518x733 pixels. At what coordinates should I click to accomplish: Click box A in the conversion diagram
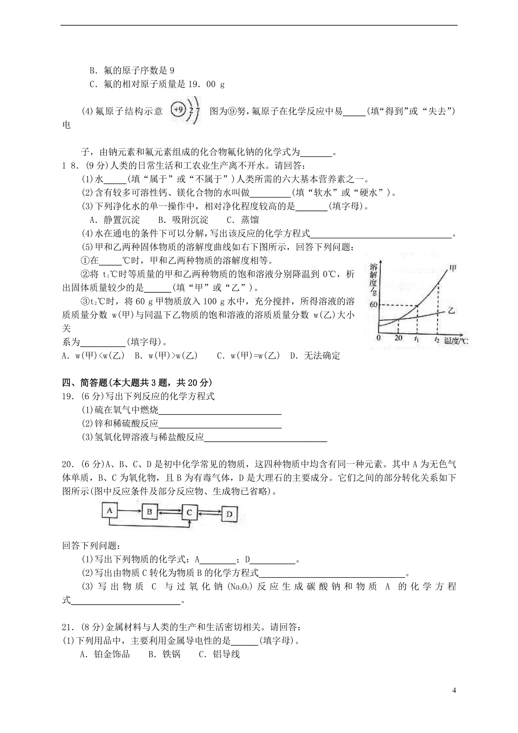coord(110,511)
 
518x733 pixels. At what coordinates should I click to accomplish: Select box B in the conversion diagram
coord(149,512)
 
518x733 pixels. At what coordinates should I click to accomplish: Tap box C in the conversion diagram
coord(189,512)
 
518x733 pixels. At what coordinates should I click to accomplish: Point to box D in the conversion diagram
coord(230,514)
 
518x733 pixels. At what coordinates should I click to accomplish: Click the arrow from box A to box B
coord(129,511)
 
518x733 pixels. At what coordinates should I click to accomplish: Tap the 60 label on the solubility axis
coord(374,305)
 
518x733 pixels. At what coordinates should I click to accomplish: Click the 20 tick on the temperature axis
coord(398,338)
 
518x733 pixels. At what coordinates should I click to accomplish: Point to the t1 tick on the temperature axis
coord(417,338)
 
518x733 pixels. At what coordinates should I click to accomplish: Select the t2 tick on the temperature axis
coord(438,339)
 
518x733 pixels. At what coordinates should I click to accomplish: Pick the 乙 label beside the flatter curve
coord(452,310)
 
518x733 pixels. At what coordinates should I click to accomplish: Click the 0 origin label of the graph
coord(378,338)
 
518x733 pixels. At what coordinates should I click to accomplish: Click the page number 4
coord(454,690)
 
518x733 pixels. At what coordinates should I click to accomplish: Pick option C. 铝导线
coord(219,654)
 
